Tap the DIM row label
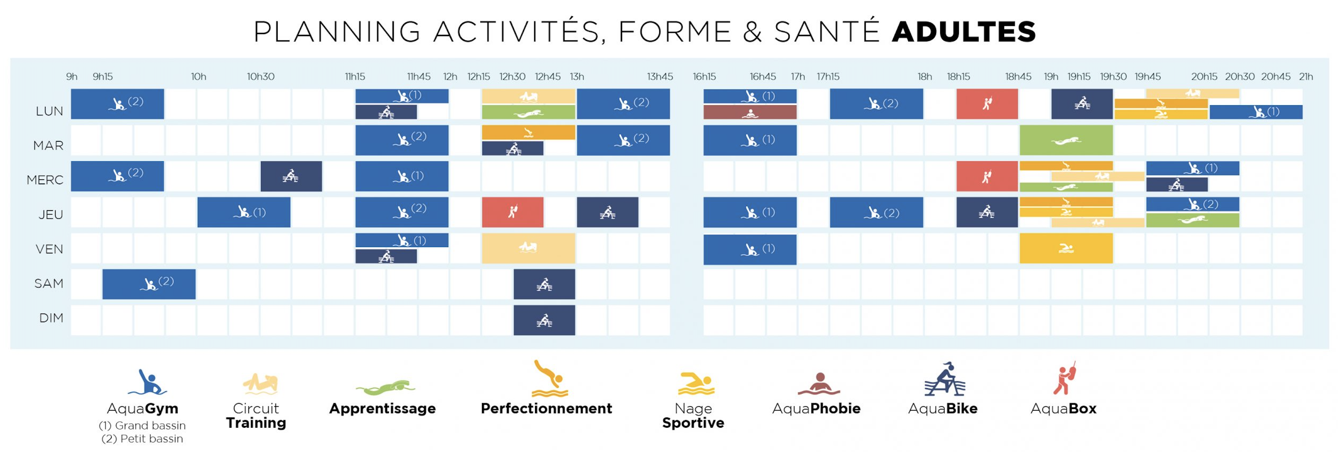click(x=51, y=318)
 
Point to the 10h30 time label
click(x=260, y=77)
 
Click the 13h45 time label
click(x=660, y=77)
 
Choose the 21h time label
click(x=1306, y=77)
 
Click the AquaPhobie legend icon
click(x=819, y=384)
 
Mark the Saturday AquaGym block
click(x=149, y=284)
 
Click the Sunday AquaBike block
click(x=544, y=320)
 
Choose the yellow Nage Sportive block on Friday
click(x=1066, y=248)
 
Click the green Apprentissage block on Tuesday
click(x=1066, y=140)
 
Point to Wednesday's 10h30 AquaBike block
click(x=291, y=176)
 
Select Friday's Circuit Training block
click(x=528, y=248)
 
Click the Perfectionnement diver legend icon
click(x=549, y=379)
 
